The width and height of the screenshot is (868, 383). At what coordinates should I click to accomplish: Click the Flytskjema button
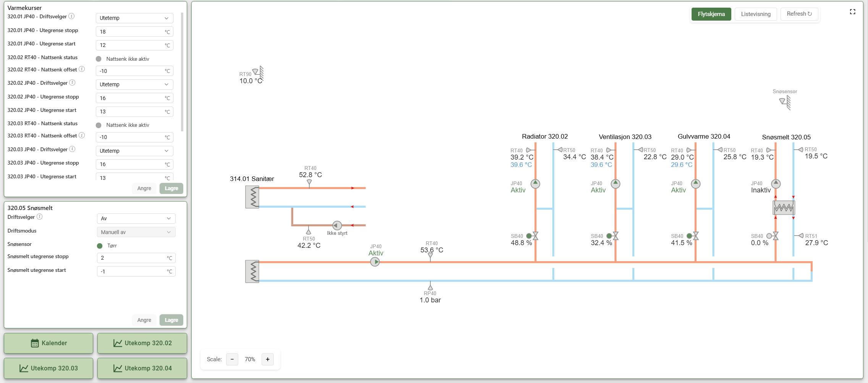click(711, 14)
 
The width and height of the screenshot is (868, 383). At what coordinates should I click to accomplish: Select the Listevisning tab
click(756, 14)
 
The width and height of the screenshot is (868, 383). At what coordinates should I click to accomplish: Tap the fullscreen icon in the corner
click(852, 12)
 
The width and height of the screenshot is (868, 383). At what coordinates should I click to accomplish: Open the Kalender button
click(48, 343)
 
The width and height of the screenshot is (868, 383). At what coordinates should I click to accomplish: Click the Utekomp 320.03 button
click(48, 368)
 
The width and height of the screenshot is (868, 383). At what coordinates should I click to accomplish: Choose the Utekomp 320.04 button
click(142, 368)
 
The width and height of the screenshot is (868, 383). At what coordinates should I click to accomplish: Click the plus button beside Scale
click(268, 359)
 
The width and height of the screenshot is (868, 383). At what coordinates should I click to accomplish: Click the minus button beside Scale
click(232, 359)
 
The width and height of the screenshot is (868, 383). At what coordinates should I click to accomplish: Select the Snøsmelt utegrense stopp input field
click(136, 258)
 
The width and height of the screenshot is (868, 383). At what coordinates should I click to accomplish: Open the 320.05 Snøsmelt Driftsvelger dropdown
click(136, 218)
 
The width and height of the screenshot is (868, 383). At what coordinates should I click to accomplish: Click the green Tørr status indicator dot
click(100, 246)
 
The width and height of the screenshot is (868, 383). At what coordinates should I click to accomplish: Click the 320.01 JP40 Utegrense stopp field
click(134, 32)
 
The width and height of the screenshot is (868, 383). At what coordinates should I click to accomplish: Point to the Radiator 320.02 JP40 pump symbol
click(535, 184)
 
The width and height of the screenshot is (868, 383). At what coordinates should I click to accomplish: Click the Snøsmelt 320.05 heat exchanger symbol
click(784, 208)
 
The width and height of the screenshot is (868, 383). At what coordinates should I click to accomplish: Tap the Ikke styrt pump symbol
click(337, 225)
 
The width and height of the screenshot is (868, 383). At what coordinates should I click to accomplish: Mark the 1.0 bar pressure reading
click(430, 300)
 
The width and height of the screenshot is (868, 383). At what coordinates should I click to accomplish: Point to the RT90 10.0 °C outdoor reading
click(251, 81)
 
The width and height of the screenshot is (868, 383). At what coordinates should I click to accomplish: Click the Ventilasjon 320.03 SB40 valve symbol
click(616, 236)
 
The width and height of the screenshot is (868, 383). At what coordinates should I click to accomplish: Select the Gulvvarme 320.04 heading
click(704, 136)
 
